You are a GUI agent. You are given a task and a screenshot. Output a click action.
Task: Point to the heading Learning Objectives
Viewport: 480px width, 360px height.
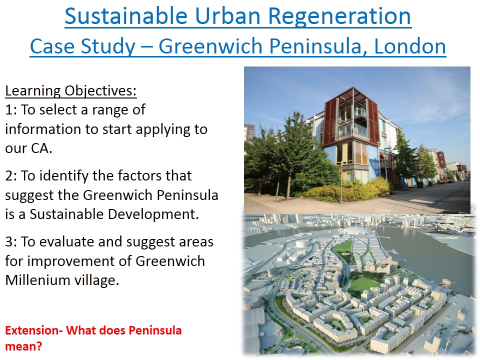(70, 91)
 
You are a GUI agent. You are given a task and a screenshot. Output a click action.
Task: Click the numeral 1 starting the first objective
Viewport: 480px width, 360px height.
(9, 110)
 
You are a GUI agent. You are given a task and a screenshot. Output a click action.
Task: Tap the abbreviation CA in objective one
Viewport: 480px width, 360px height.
(40, 148)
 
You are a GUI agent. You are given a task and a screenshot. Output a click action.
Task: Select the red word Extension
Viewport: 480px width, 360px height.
(32, 330)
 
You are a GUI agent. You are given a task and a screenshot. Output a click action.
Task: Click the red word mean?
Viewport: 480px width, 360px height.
(23, 347)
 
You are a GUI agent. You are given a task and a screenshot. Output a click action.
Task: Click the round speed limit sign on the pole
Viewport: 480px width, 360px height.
(340, 170)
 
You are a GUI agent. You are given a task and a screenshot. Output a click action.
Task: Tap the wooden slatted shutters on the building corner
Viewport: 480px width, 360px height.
(331, 122)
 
